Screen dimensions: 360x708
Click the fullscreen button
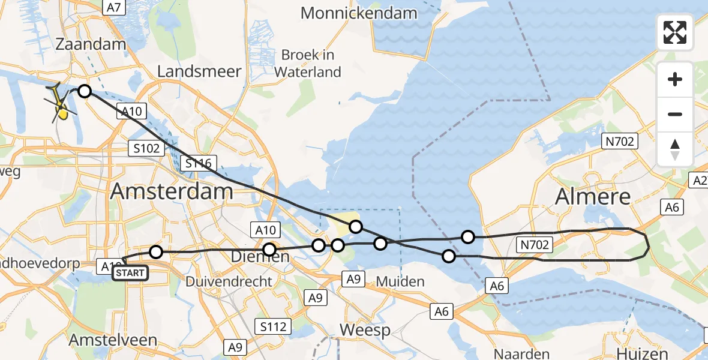click(675, 32)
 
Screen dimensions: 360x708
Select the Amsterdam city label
click(172, 191)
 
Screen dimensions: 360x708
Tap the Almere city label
click(593, 196)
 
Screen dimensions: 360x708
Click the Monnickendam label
click(359, 13)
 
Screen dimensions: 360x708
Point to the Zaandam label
click(91, 44)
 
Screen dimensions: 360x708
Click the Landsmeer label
click(199, 71)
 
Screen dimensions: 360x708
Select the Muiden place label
click(400, 281)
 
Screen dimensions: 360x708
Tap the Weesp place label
click(365, 329)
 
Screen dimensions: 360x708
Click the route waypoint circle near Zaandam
click(85, 91)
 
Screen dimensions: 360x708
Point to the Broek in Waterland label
click(308, 64)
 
